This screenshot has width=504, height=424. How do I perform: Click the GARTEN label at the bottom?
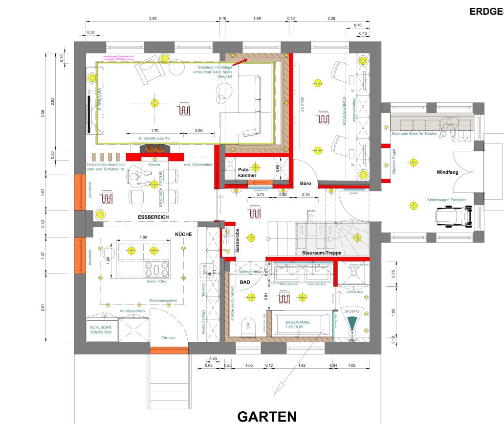tap(266, 416)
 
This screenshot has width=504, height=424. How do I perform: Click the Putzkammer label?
tap(247, 171)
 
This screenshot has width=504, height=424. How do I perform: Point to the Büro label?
tap(306, 183)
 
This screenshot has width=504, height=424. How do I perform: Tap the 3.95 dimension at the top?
tap(152, 19)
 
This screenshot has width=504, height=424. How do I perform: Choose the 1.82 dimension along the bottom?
tap(301, 365)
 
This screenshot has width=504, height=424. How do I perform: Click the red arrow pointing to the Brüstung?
tap(239, 61)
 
